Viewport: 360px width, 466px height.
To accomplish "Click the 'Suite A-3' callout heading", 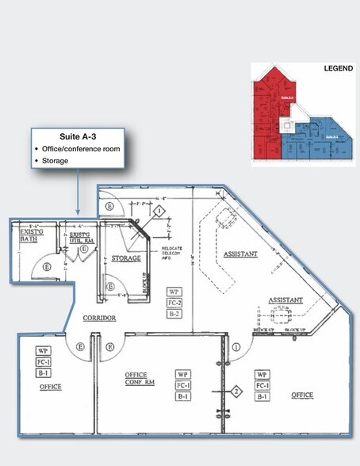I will pyautogui.click(x=76, y=136).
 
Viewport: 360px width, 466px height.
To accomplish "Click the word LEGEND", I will pyautogui.click(x=339, y=69).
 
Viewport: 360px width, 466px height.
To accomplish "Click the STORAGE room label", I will pyautogui.click(x=126, y=258).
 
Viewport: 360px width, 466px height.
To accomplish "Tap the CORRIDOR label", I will pyautogui.click(x=100, y=318).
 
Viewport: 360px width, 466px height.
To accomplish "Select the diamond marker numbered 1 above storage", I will pyautogui.click(x=159, y=212).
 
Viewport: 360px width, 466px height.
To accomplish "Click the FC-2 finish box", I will pyautogui.click(x=174, y=303).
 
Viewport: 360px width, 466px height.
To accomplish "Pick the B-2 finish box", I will pyautogui.click(x=174, y=314).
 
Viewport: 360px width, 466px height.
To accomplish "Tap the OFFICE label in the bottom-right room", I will pyautogui.click(x=302, y=395).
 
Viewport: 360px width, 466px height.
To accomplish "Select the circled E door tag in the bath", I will pyautogui.click(x=48, y=267).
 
